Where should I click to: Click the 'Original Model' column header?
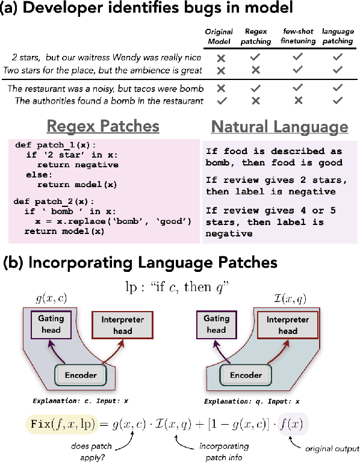(x=219, y=35)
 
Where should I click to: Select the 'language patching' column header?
(x=337, y=35)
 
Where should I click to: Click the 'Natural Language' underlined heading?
(x=279, y=127)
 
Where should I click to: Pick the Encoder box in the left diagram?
(x=81, y=374)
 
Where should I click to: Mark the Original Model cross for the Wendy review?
(x=221, y=58)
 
